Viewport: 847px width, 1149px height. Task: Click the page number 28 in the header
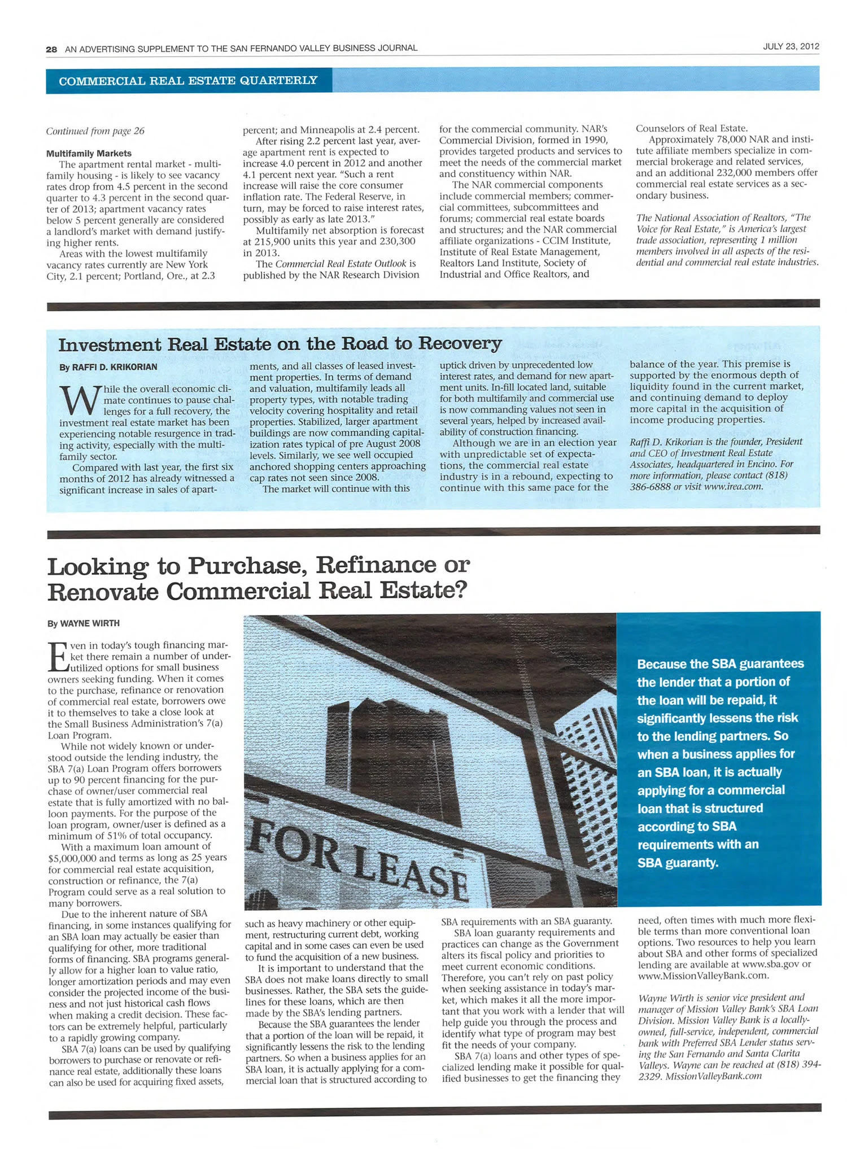point(51,49)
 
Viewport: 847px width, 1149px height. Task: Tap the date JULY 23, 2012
point(791,46)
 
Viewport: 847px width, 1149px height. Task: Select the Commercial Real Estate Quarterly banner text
point(188,80)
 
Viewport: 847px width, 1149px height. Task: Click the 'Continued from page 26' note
point(95,131)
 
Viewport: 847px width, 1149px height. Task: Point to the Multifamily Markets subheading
point(89,153)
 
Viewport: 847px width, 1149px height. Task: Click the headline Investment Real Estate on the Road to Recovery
point(280,344)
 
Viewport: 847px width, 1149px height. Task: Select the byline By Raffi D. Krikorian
point(108,367)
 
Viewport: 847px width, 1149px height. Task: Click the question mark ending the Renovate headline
point(460,591)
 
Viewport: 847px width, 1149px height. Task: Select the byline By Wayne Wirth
point(84,623)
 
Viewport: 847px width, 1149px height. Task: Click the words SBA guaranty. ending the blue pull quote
point(678,863)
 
